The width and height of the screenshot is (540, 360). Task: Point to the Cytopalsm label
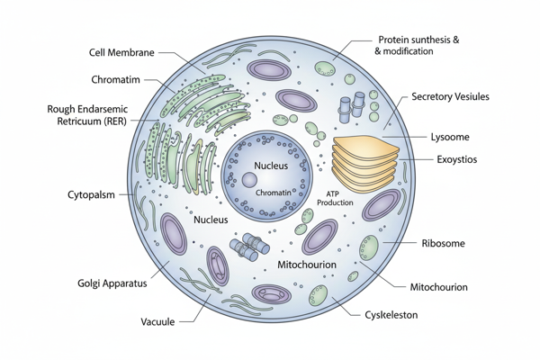[x=91, y=195]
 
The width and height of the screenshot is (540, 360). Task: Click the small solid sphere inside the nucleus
[x=249, y=181]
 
